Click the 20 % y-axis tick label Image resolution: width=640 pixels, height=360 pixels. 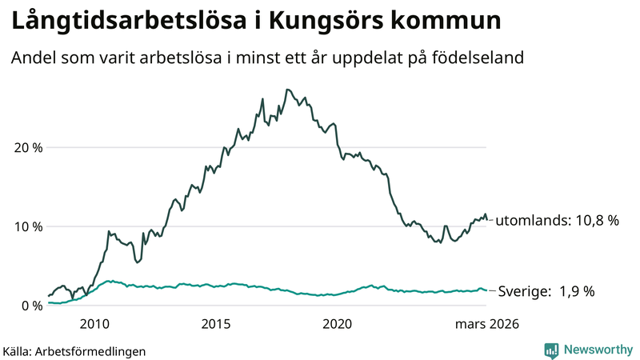coord(26,147)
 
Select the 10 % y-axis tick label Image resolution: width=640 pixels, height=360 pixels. coord(26,226)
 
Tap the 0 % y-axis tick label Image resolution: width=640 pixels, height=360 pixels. coord(30,305)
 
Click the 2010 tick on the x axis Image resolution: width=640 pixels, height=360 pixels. coord(94,324)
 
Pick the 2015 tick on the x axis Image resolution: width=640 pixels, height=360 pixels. coord(215,324)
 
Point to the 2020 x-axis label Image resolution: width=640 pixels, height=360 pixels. coord(337,324)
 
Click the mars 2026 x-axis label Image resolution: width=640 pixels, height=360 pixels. coord(487,324)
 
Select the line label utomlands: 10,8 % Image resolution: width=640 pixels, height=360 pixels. coord(557,220)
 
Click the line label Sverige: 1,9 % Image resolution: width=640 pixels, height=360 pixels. coord(546,291)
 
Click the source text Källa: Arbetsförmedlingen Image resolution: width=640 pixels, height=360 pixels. coord(75,351)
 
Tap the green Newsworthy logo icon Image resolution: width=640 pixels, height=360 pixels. coord(551,350)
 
